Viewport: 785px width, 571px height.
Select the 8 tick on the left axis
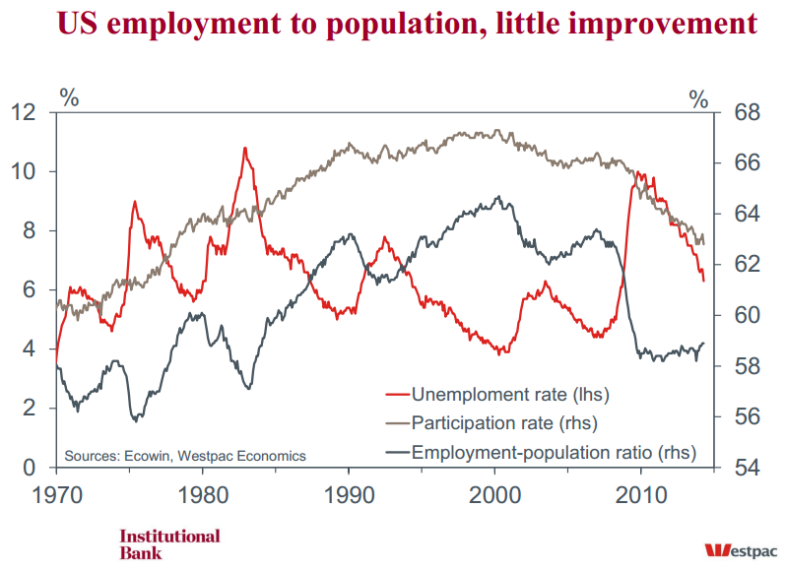pyautogui.click(x=31, y=230)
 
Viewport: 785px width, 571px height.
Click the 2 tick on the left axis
pyautogui.click(x=31, y=408)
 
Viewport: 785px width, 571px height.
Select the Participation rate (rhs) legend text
pyautogui.click(x=504, y=424)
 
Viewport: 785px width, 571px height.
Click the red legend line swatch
pyautogui.click(x=395, y=396)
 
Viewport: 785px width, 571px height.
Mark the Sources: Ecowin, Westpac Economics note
pyautogui.click(x=185, y=456)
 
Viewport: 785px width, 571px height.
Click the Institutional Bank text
pyautogui.click(x=169, y=544)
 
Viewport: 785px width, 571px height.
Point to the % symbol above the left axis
pyautogui.click(x=69, y=96)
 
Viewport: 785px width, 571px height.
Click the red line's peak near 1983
pyautogui.click(x=243, y=148)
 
